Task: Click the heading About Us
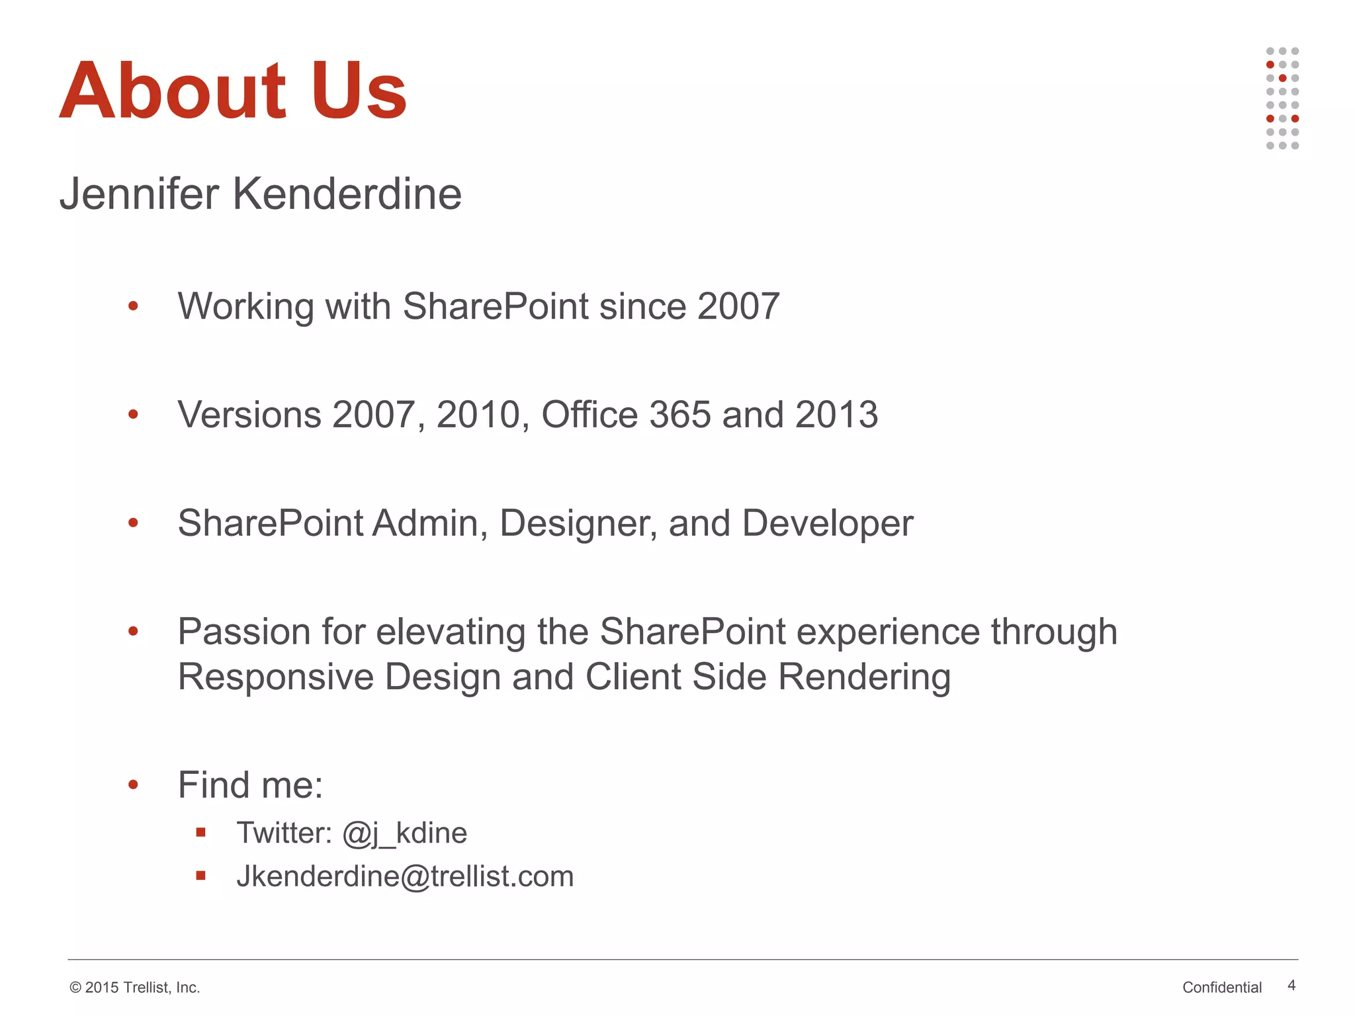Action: click(x=233, y=91)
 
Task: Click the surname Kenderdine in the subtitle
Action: click(x=347, y=194)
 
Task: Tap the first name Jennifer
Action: click(x=139, y=194)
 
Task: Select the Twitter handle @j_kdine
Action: click(x=404, y=833)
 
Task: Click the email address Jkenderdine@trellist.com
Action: click(x=405, y=876)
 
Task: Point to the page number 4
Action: click(x=1291, y=986)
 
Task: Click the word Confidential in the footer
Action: click(x=1222, y=988)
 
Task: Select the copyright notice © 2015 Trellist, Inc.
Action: click(x=135, y=988)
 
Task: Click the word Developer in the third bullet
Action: click(x=828, y=523)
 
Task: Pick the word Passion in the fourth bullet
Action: click(x=244, y=632)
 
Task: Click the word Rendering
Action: click(x=864, y=677)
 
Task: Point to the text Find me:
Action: click(x=250, y=785)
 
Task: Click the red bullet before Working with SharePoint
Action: click(x=133, y=306)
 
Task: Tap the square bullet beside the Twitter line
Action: click(x=201, y=833)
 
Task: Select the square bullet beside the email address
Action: click(x=201, y=876)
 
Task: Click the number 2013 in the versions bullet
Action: click(x=836, y=415)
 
